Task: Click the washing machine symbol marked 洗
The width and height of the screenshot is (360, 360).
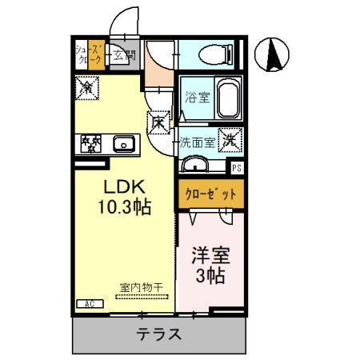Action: click(x=228, y=140)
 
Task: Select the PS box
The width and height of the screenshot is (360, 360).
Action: click(x=236, y=168)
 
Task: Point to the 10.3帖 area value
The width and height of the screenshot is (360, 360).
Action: click(x=124, y=206)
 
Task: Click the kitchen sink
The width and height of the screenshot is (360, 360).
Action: click(x=122, y=145)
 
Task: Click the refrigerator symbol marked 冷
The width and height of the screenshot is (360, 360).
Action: click(x=86, y=86)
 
